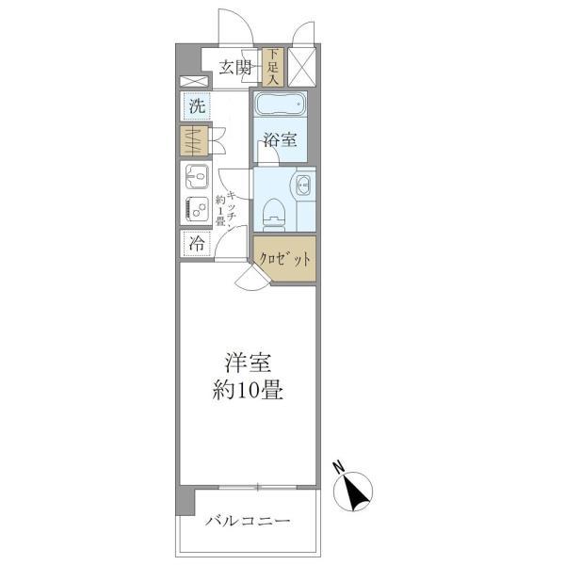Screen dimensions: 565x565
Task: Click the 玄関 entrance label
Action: [x=235, y=67]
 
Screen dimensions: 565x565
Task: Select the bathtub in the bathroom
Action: [x=282, y=105]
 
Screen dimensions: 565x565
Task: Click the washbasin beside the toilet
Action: [x=304, y=184]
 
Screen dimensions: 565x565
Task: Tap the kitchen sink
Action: [x=196, y=175]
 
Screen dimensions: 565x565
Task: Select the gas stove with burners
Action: [x=196, y=209]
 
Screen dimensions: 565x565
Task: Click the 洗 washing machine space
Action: [x=196, y=106]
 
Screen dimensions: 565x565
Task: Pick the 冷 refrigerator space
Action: [x=196, y=243]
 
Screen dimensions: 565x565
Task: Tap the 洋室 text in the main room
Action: [x=243, y=361]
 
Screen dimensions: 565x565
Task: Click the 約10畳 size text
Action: [x=243, y=389]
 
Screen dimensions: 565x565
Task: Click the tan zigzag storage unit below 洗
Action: [x=195, y=141]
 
